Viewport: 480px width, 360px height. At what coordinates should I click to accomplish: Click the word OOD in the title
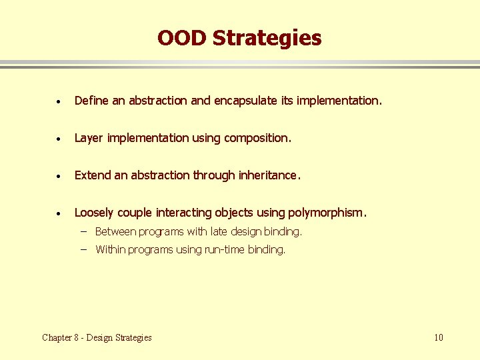click(x=182, y=38)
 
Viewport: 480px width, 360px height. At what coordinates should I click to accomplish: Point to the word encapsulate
click(x=242, y=101)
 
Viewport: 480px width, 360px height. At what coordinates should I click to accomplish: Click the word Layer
click(x=89, y=138)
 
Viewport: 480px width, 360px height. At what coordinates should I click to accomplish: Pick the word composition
click(x=257, y=138)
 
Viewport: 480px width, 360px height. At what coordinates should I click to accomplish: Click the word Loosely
click(x=94, y=213)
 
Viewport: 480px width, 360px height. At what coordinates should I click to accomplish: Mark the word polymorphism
click(x=327, y=213)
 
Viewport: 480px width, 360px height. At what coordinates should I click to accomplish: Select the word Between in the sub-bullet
click(x=116, y=232)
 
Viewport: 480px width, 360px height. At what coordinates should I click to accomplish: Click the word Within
click(x=110, y=250)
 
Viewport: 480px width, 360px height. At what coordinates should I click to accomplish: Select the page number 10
click(x=438, y=337)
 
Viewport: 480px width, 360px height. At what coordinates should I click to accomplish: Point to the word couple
click(x=135, y=213)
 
